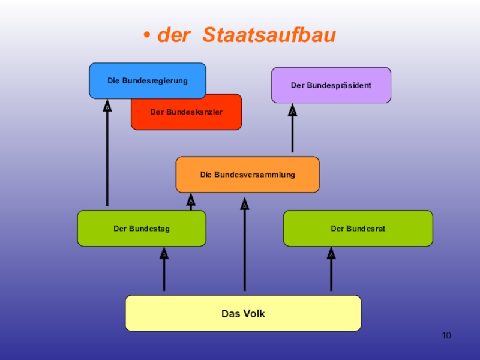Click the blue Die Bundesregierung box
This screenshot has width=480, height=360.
coord(147,80)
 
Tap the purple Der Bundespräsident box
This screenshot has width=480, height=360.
coord(331,85)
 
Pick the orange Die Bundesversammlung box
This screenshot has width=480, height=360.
coord(247,175)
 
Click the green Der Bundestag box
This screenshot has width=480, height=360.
coord(142,228)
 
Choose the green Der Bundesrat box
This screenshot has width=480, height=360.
coord(358,228)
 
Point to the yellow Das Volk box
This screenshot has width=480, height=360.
coord(243,313)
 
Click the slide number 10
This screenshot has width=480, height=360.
coord(446,335)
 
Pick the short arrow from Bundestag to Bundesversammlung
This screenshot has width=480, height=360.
coord(191,202)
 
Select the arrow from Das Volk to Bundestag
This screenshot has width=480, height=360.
coord(164,273)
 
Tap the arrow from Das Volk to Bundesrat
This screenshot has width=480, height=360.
coord(331,273)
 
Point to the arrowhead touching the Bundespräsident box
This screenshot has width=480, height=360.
coord(292,110)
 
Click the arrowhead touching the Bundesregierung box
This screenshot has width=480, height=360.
coord(107,106)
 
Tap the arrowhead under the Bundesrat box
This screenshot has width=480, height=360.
coord(331,253)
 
